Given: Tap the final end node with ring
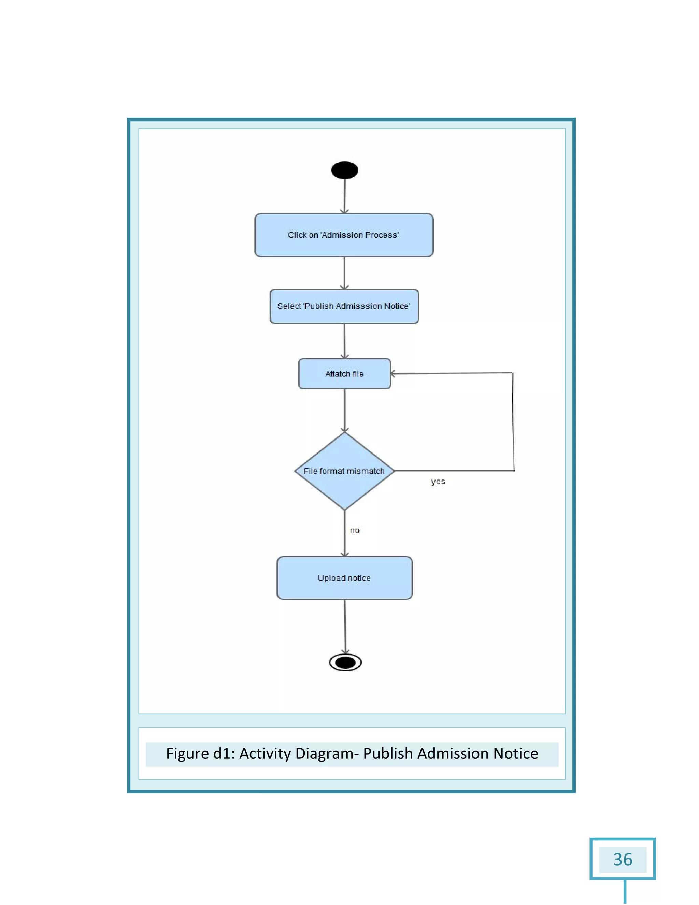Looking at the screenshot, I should (345, 663).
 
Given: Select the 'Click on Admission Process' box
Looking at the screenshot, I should (344, 235).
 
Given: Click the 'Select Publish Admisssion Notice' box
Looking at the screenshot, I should (344, 306).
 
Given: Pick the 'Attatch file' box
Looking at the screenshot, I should (344, 374).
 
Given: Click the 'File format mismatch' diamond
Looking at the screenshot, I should (344, 471).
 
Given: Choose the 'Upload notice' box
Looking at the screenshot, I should (344, 578).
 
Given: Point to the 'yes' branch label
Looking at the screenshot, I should (438, 482).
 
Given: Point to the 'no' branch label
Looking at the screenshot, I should (355, 530).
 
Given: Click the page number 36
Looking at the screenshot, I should (623, 860).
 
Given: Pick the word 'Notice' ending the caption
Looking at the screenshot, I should (515, 754).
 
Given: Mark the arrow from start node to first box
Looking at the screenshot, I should (344, 196).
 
